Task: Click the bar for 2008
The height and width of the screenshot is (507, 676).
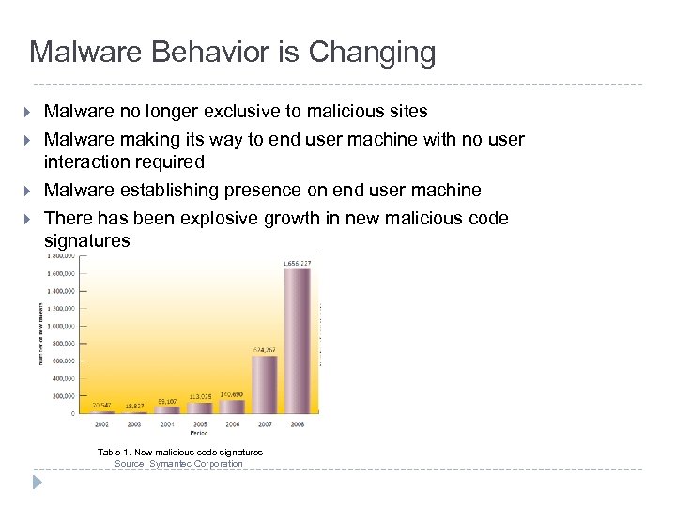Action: pyautogui.click(x=298, y=341)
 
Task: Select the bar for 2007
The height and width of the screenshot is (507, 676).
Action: pyautogui.click(x=264, y=384)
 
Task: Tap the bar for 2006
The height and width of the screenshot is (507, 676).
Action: pyautogui.click(x=232, y=406)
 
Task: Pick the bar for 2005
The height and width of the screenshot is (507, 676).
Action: pyautogui.click(x=200, y=407)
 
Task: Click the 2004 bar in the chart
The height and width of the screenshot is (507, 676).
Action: pyautogui.click(x=167, y=409)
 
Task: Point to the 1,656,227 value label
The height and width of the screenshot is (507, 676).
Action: pyautogui.click(x=297, y=263)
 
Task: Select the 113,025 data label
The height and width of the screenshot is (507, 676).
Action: pyautogui.click(x=200, y=396)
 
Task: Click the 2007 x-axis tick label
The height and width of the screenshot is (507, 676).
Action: pyautogui.click(x=265, y=424)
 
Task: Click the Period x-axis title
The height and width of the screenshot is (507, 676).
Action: pyautogui.click(x=200, y=434)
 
